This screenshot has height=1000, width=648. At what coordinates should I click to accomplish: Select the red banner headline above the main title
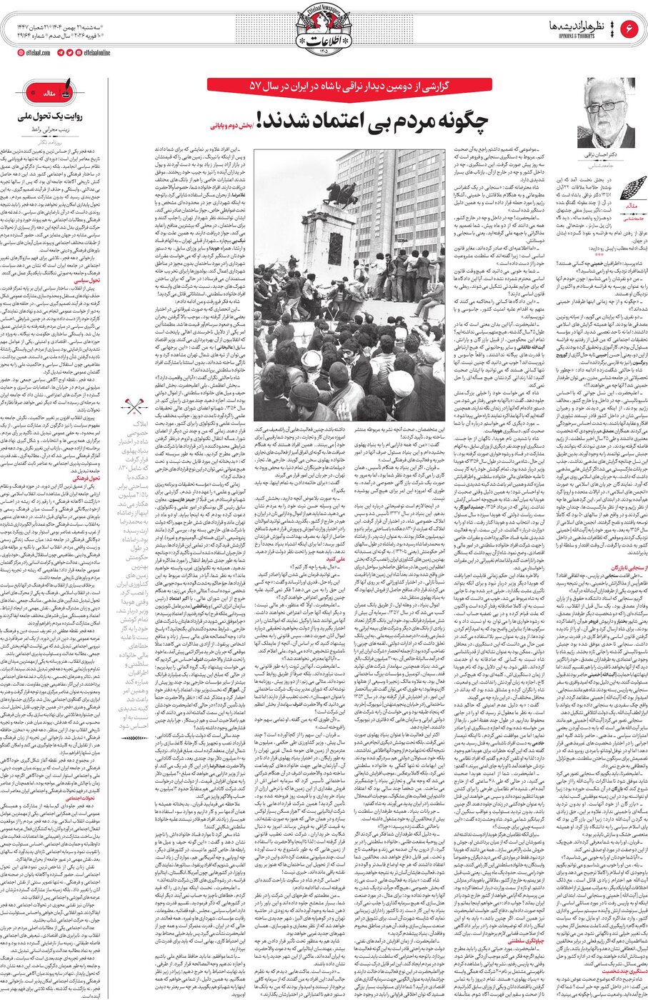coord(349,85)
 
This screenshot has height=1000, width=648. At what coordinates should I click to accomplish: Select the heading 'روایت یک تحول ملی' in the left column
coord(51,116)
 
